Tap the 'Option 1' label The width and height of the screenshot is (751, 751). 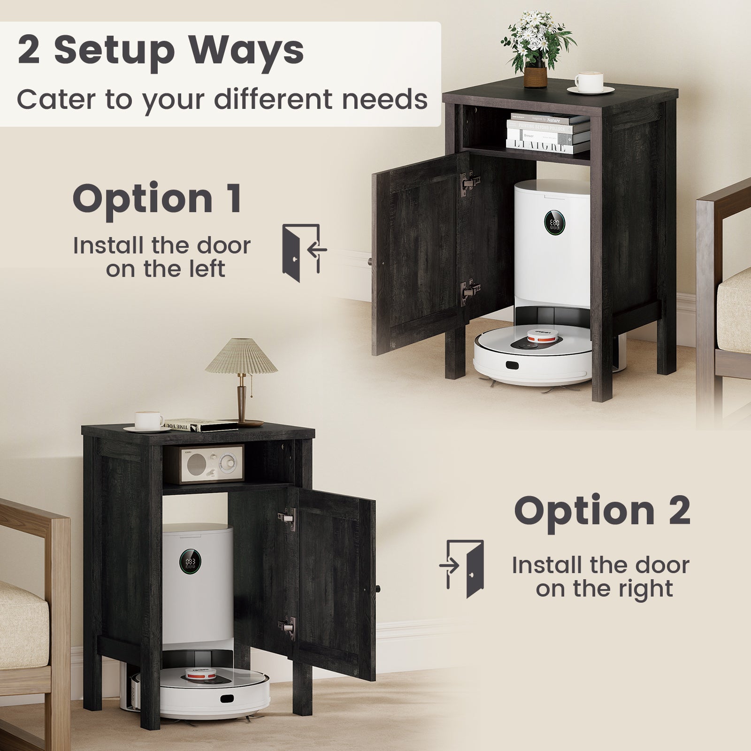click(158, 199)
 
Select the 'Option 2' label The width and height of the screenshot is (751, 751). click(602, 510)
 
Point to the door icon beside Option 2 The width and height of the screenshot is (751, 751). click(462, 569)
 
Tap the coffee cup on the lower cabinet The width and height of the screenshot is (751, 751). click(148, 420)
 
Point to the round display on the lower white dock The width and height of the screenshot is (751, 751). click(190, 561)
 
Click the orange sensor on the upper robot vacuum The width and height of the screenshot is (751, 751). click(538, 335)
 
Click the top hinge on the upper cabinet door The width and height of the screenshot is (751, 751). click(470, 181)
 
